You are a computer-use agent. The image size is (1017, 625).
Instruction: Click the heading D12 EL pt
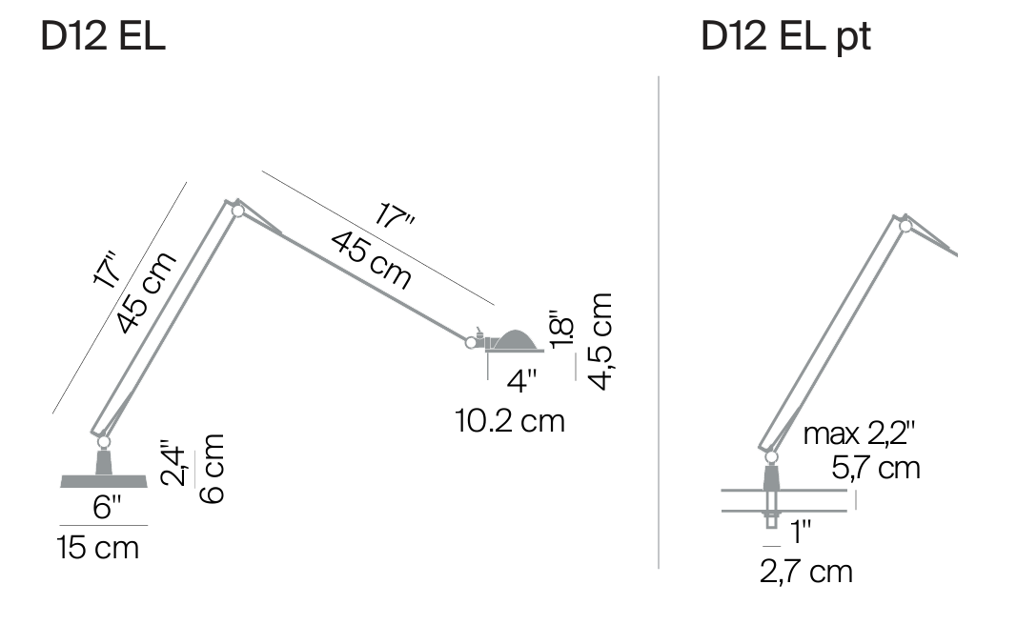[785, 36]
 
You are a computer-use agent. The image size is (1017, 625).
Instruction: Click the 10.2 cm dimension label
[510, 421]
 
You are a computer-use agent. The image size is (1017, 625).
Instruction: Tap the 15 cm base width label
[98, 548]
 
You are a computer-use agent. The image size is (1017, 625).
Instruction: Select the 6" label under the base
[107, 506]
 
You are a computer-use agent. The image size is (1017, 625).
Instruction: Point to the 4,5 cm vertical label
[600, 341]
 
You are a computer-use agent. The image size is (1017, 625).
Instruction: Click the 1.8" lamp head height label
[561, 330]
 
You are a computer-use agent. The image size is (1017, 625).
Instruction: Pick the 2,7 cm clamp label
[806, 572]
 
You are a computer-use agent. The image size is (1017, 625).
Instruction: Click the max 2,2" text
[859, 433]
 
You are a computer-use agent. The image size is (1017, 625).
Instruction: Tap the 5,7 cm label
[876, 468]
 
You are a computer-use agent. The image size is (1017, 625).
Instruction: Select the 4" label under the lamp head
[521, 381]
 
